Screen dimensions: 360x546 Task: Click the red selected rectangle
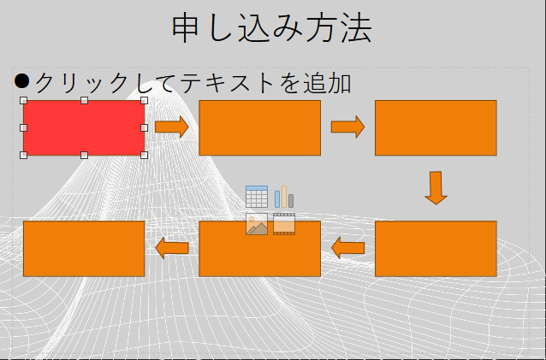83,127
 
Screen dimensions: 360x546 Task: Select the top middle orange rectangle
259,127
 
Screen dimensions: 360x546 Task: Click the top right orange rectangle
435,127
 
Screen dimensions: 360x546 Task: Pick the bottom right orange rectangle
435,249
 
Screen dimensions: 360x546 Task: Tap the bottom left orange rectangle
83,249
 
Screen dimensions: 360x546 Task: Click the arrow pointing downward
436,187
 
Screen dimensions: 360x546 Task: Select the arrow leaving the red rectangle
171,127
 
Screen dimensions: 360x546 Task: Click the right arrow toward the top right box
347,127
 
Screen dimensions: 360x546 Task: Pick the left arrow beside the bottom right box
347,249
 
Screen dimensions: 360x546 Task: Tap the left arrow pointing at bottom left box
172,248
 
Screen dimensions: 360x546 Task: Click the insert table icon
257,197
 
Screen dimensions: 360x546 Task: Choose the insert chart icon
284,197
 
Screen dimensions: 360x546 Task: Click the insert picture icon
257,224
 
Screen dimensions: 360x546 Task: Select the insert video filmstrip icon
284,224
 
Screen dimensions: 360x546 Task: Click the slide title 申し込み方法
272,28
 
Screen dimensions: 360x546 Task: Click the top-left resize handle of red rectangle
23,100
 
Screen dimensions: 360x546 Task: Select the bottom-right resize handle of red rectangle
144,155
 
